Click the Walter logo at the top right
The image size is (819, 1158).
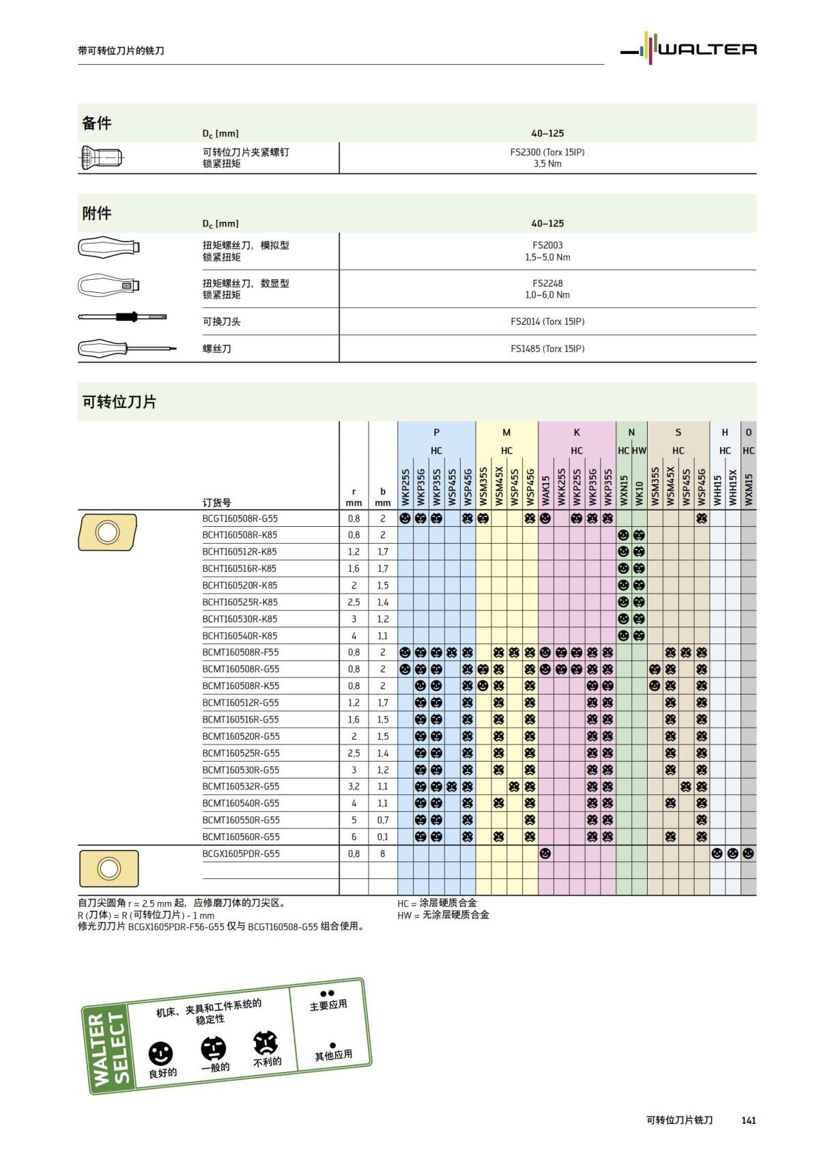(689, 48)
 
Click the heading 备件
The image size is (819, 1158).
(96, 123)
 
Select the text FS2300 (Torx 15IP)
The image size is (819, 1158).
(547, 152)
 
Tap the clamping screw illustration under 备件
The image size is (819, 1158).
(102, 158)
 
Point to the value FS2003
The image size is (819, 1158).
(547, 245)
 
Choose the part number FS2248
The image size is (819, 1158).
(547, 283)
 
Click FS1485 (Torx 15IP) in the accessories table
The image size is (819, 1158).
(547, 349)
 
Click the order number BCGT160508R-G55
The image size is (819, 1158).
(240, 519)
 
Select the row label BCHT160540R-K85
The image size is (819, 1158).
(240, 636)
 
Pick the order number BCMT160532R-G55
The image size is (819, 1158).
(240, 787)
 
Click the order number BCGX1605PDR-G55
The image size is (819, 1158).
(240, 854)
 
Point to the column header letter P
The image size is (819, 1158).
(437, 432)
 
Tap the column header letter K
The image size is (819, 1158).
(577, 432)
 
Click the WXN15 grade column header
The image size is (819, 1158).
(624, 490)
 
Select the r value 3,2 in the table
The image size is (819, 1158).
(354, 787)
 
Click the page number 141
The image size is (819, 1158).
(748, 1120)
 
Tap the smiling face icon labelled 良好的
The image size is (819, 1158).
(161, 1054)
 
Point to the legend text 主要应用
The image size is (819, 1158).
(328, 1005)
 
